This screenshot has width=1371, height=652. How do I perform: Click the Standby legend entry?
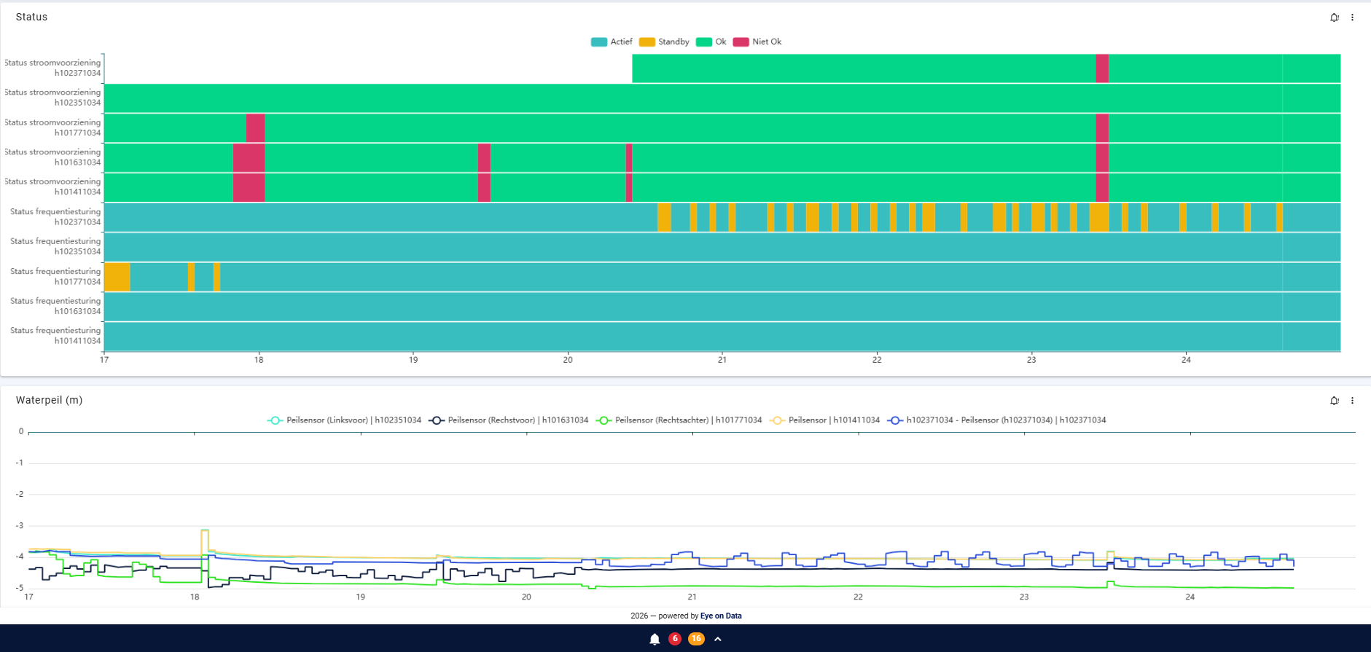(x=664, y=42)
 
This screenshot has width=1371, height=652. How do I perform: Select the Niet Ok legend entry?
(x=757, y=42)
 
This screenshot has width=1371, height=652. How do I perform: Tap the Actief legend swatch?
(x=598, y=42)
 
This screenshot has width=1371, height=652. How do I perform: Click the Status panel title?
(x=31, y=17)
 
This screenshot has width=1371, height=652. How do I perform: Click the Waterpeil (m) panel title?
(x=49, y=400)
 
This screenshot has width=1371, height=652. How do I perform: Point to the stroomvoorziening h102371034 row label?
(x=52, y=68)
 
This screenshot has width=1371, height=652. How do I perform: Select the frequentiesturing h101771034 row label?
(x=55, y=276)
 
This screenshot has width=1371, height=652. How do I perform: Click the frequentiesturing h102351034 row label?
(x=55, y=246)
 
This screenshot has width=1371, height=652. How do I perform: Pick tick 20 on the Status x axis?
(x=568, y=360)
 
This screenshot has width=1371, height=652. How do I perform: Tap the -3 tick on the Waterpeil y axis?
(x=20, y=525)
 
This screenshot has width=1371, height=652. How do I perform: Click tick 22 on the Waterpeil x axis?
(x=858, y=597)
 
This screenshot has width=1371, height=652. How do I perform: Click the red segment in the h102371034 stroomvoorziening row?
(x=1102, y=68)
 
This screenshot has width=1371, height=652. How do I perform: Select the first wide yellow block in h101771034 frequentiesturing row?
(x=117, y=277)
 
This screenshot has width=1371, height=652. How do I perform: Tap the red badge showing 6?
(x=675, y=639)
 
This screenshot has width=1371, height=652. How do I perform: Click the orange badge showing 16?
(x=696, y=639)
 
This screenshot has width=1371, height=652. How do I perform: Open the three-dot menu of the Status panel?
(x=1352, y=17)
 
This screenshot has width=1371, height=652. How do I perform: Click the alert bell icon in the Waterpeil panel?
(x=1334, y=401)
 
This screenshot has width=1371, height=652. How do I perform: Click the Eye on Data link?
(x=721, y=616)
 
